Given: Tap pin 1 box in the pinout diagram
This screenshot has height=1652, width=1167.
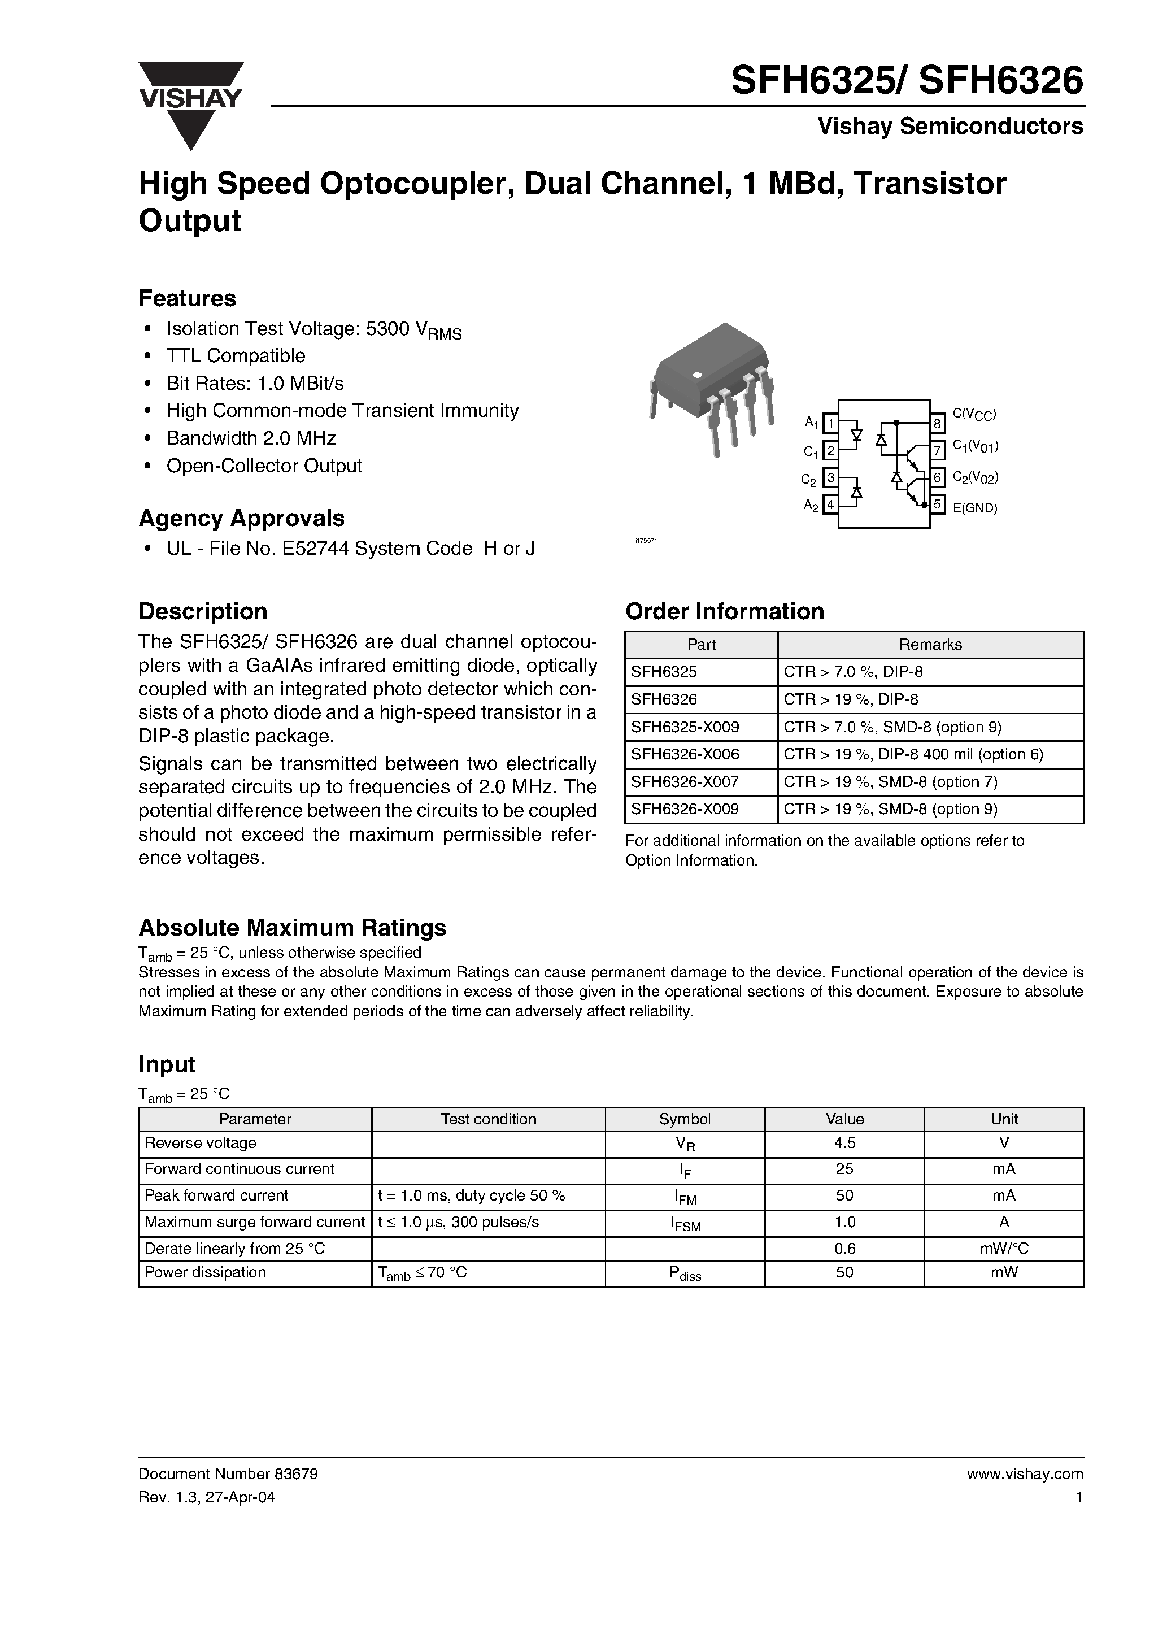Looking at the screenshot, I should pyautogui.click(x=830, y=424).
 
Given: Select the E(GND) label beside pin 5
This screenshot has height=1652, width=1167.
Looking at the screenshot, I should pyautogui.click(x=975, y=508).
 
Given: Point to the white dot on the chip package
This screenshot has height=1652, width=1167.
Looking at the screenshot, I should pyautogui.click(x=696, y=375).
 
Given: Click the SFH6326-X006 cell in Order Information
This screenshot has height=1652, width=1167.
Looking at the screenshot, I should pyautogui.click(x=685, y=754).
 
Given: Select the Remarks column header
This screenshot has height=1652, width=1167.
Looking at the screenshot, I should pyautogui.click(x=930, y=645).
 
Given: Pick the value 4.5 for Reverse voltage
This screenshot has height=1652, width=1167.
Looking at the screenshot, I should pyautogui.click(x=844, y=1144).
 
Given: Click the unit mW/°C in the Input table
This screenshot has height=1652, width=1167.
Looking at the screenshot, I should pyautogui.click(x=1004, y=1249).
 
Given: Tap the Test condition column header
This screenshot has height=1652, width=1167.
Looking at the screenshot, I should pyautogui.click(x=488, y=1119).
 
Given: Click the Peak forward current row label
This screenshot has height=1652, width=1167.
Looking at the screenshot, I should pyautogui.click(x=216, y=1195).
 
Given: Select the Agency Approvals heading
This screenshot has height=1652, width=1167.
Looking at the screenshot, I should pyautogui.click(x=241, y=518).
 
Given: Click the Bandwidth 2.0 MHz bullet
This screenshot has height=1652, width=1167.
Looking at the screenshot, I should pyautogui.click(x=251, y=438).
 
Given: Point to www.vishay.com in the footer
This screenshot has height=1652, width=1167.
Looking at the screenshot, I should pyautogui.click(x=1025, y=1474).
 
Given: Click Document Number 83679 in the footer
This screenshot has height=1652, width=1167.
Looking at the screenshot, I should pyautogui.click(x=228, y=1474).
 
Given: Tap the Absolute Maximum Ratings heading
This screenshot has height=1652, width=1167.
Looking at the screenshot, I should pyautogui.click(x=292, y=928).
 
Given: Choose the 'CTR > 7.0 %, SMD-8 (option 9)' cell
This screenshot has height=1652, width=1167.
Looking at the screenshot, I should pyautogui.click(x=892, y=727).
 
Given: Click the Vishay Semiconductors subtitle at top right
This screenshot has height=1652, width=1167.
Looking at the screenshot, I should pyautogui.click(x=950, y=127).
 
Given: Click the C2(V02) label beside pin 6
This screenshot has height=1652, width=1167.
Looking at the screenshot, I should pyautogui.click(x=975, y=477).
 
